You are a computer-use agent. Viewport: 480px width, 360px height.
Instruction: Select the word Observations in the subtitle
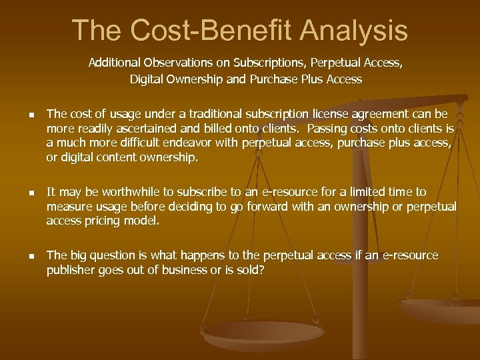[x=168, y=64]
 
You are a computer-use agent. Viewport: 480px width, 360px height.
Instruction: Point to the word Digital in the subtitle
[x=149, y=79]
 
